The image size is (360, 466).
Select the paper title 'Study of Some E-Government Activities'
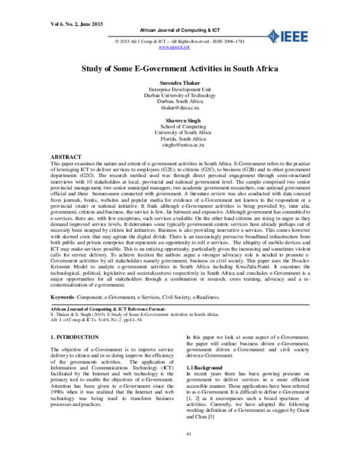[180, 69]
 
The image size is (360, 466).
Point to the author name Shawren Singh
[180, 121]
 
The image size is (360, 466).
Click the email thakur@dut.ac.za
[180, 107]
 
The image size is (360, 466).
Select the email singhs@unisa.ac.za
[180, 146]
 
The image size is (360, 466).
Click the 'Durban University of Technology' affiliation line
[180, 95]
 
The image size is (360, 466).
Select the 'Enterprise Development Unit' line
[180, 89]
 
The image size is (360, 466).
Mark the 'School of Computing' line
[180, 127]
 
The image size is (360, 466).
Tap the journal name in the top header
[180, 29]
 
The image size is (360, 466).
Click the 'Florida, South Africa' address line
[180, 139]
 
